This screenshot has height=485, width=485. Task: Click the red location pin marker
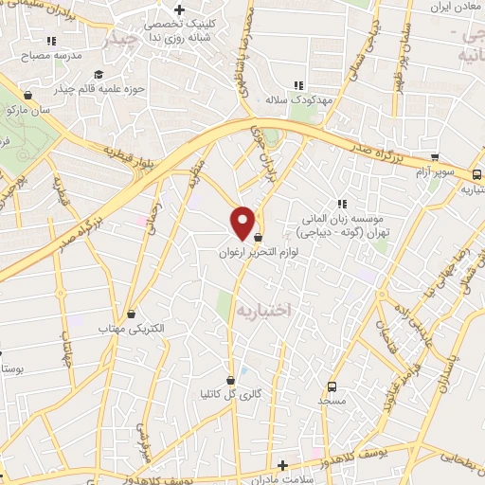243,222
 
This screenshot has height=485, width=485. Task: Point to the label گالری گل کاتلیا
225,393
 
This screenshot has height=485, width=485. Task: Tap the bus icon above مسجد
332,386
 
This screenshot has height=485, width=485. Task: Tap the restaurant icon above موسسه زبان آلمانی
342,203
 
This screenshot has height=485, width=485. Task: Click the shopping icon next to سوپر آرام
435,158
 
